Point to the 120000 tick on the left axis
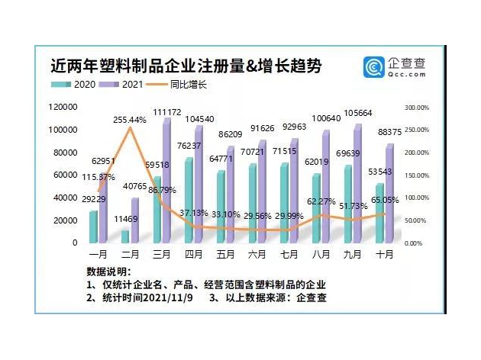pyautogui.click(x=63, y=108)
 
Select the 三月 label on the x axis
pyautogui.click(x=161, y=253)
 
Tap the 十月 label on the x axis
pyautogui.click(x=385, y=253)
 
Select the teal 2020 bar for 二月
pyautogui.click(x=125, y=237)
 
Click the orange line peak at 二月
pyautogui.click(x=130, y=128)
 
